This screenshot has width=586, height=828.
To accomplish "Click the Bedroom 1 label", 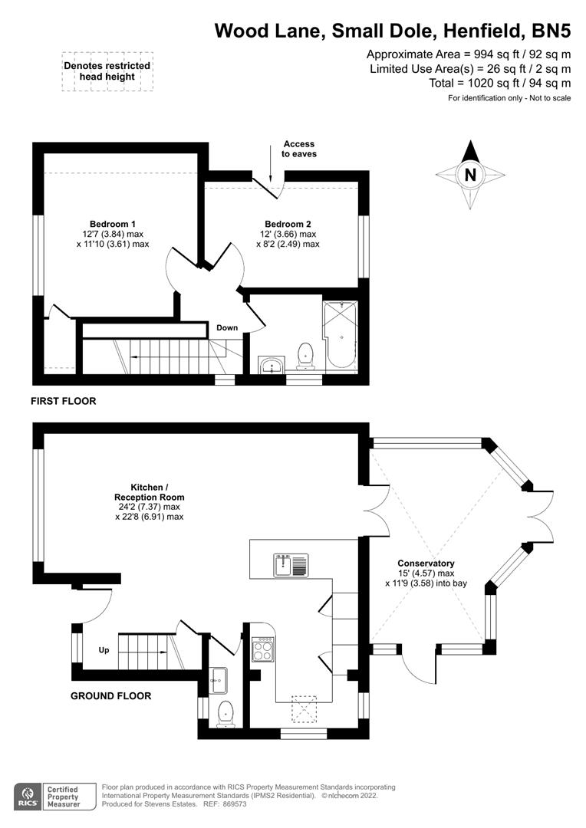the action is [113, 224].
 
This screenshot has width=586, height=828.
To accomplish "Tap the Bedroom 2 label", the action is [288, 224].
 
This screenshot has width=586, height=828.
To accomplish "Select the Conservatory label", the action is [426, 563].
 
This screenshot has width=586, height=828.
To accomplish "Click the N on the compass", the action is [470, 174].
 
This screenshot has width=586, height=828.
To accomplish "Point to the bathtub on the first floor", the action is [341, 335].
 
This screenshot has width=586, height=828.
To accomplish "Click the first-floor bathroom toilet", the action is [305, 356].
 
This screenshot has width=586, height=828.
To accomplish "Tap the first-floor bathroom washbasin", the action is [272, 365].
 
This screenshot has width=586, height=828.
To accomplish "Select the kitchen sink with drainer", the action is [291, 565].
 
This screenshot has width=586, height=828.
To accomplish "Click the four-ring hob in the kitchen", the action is [263, 649].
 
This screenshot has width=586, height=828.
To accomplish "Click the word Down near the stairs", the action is [227, 328].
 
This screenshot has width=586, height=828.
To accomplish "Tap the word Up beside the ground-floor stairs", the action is [104, 650].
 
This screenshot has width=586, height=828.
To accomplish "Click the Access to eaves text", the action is [299, 149].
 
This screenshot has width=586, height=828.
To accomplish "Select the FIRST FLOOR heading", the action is [64, 401].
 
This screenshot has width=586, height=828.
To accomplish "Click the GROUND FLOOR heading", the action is [111, 696].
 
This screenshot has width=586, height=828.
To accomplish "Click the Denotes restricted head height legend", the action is [107, 71].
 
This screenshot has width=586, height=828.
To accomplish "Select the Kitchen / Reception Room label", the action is [150, 492].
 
